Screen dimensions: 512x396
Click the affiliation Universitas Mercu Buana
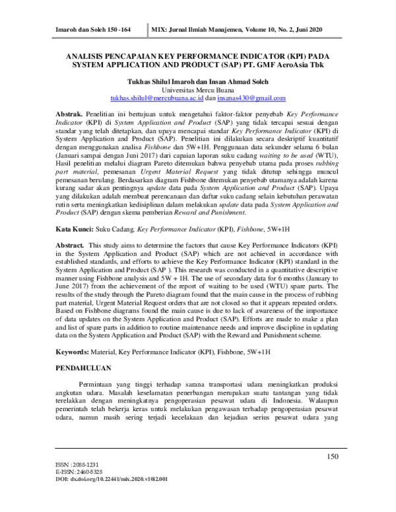(x=198, y=90)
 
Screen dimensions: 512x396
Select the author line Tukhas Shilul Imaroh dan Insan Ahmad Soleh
(x=198, y=80)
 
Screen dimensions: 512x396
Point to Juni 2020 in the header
(x=327, y=30)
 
